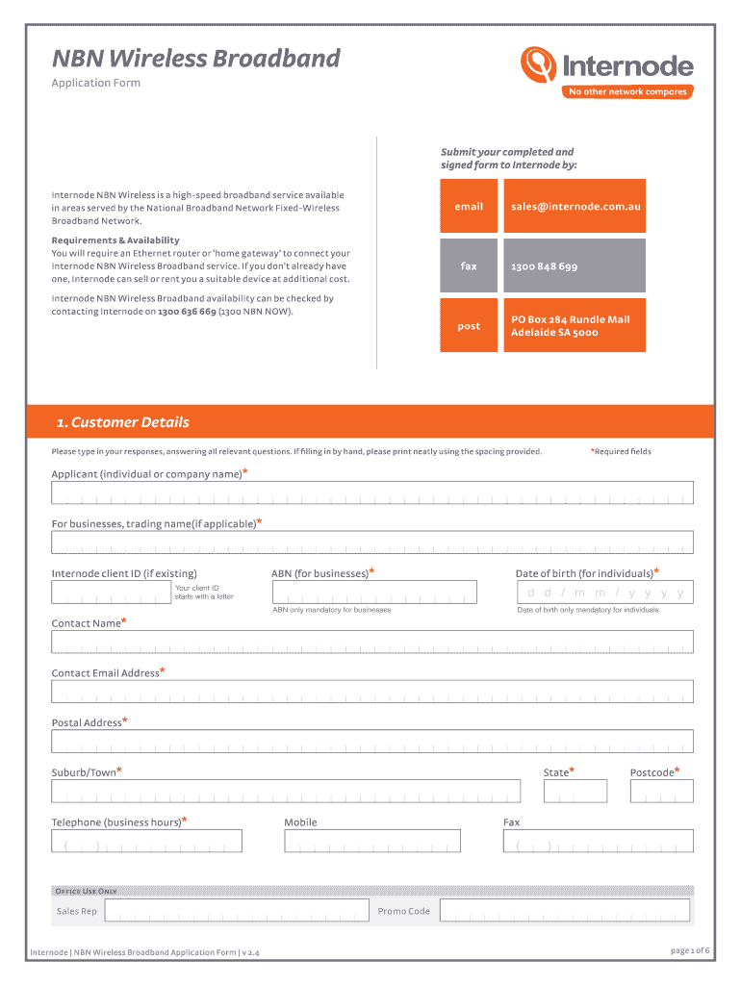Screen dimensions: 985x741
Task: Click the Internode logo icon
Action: (x=539, y=65)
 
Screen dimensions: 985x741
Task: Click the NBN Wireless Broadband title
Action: (x=195, y=59)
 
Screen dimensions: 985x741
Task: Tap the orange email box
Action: (x=469, y=206)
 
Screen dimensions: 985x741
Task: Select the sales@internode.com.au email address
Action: (x=575, y=206)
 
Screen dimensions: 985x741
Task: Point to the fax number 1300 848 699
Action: (x=545, y=266)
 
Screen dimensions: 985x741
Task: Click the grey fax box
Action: (x=469, y=265)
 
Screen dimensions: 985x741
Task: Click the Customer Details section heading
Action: (x=122, y=422)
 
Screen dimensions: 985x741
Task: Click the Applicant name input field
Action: (x=371, y=492)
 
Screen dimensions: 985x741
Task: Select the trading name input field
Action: (x=371, y=543)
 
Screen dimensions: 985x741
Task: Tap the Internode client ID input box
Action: (x=111, y=593)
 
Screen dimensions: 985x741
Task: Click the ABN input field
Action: (x=373, y=592)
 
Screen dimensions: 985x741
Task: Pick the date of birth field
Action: (x=604, y=593)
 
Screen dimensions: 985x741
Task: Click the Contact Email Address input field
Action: (x=371, y=692)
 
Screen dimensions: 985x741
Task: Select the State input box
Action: (x=575, y=791)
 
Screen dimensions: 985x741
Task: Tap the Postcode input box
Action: (x=661, y=791)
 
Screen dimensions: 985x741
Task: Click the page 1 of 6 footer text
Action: (x=689, y=951)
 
